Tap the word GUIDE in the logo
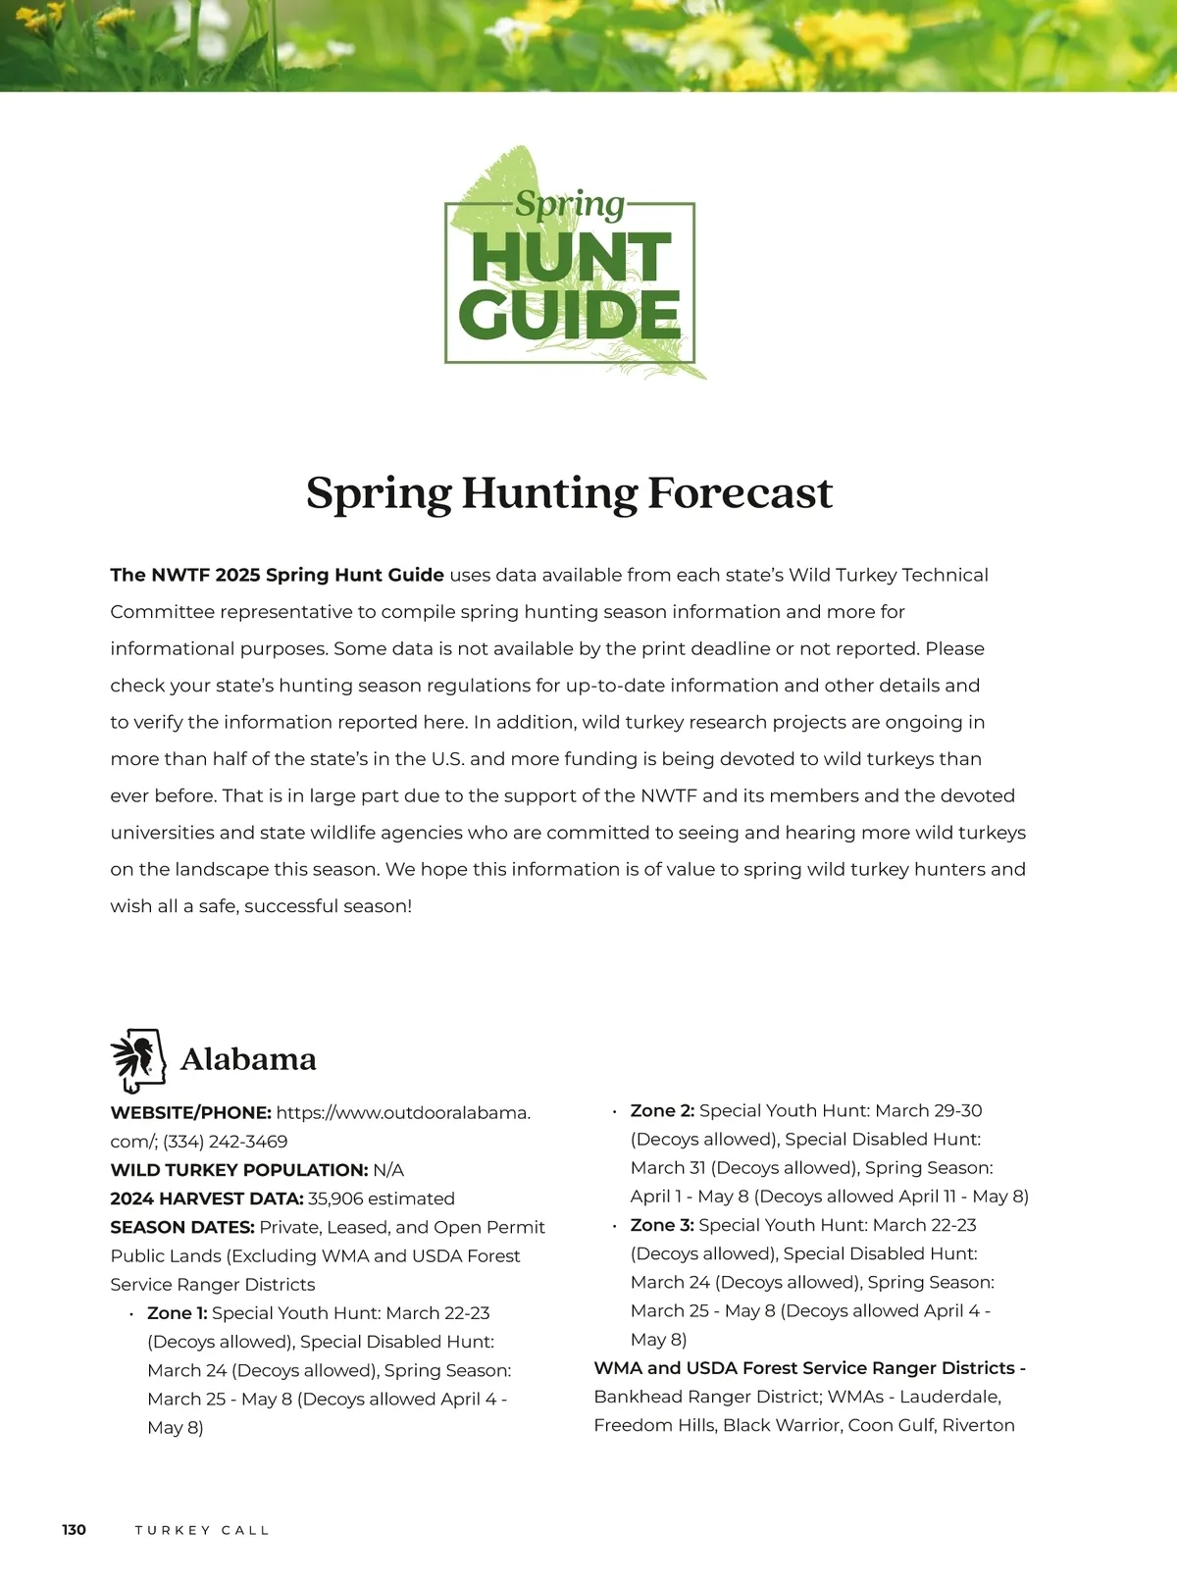(569, 315)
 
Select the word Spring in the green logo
(570, 204)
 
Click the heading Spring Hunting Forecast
(569, 492)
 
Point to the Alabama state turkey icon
(137, 1060)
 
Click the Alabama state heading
(248, 1059)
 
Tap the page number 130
(74, 1530)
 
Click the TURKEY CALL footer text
(202, 1530)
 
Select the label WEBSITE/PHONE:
(190, 1113)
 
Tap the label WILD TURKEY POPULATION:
(239, 1170)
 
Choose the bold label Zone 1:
(177, 1313)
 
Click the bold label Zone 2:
(662, 1111)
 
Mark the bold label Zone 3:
(662, 1225)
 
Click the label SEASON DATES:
(182, 1227)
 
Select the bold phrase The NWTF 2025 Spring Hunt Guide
(277, 575)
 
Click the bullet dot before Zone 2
(614, 1112)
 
